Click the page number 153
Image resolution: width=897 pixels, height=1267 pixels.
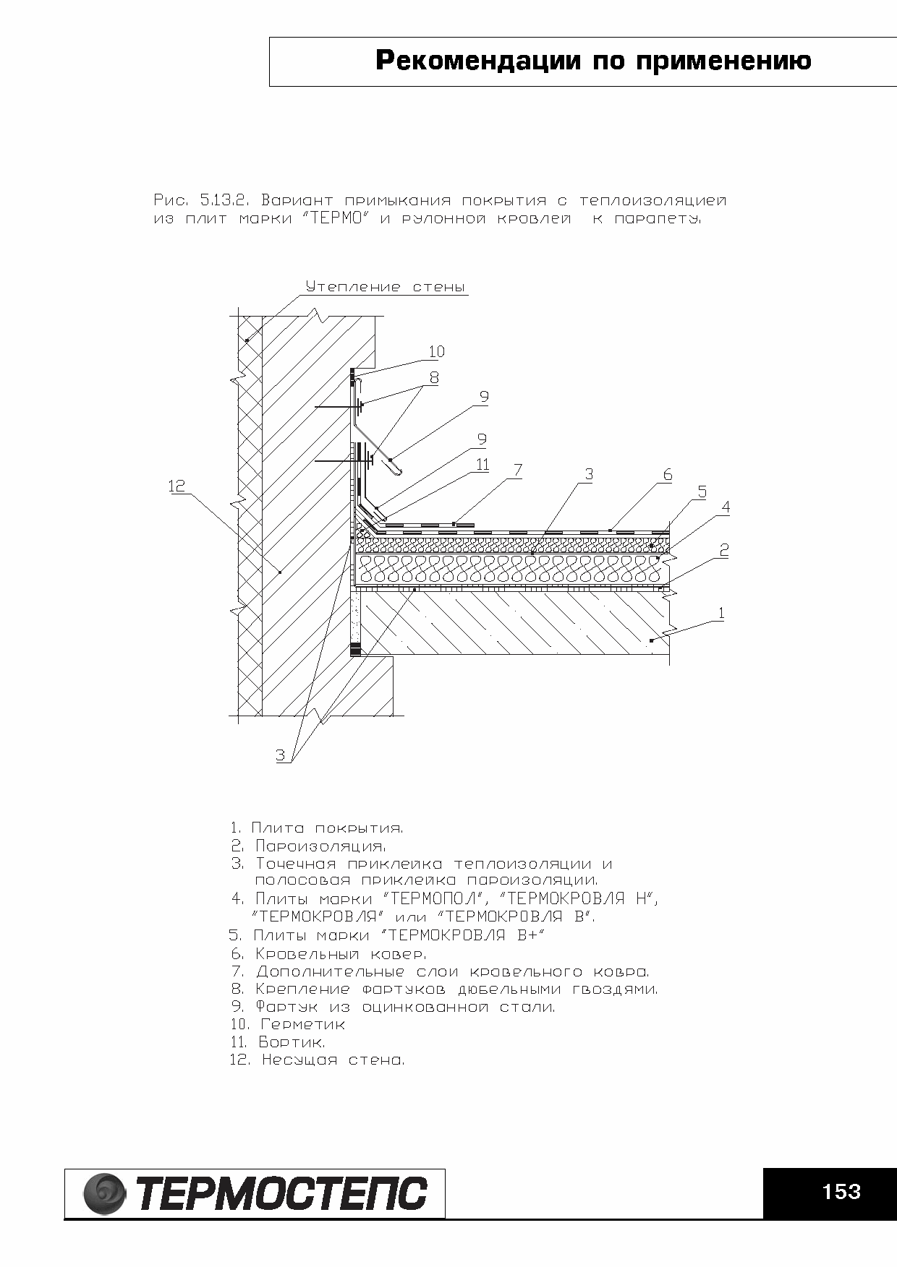841,1191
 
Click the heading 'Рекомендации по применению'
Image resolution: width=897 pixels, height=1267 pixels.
593,61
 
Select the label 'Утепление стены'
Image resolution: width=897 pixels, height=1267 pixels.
385,287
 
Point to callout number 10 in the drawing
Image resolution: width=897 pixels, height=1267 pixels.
436,352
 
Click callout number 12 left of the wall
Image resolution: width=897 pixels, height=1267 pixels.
177,486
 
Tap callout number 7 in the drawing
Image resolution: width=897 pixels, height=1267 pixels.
517,471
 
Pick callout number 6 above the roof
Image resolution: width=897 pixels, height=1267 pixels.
667,475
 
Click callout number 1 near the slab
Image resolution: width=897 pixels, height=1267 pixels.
720,614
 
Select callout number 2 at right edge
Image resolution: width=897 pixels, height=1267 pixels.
723,550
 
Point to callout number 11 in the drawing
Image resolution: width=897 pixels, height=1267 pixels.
482,465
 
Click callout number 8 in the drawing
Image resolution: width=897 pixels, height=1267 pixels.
434,377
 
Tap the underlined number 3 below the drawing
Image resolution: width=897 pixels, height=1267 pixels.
281,755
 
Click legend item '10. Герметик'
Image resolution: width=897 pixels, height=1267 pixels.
288,1024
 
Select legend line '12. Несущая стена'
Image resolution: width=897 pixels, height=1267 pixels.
317,1060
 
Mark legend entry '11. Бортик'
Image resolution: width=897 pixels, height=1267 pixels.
278,1042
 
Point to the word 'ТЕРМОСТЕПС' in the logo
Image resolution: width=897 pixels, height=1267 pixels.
282,1193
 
